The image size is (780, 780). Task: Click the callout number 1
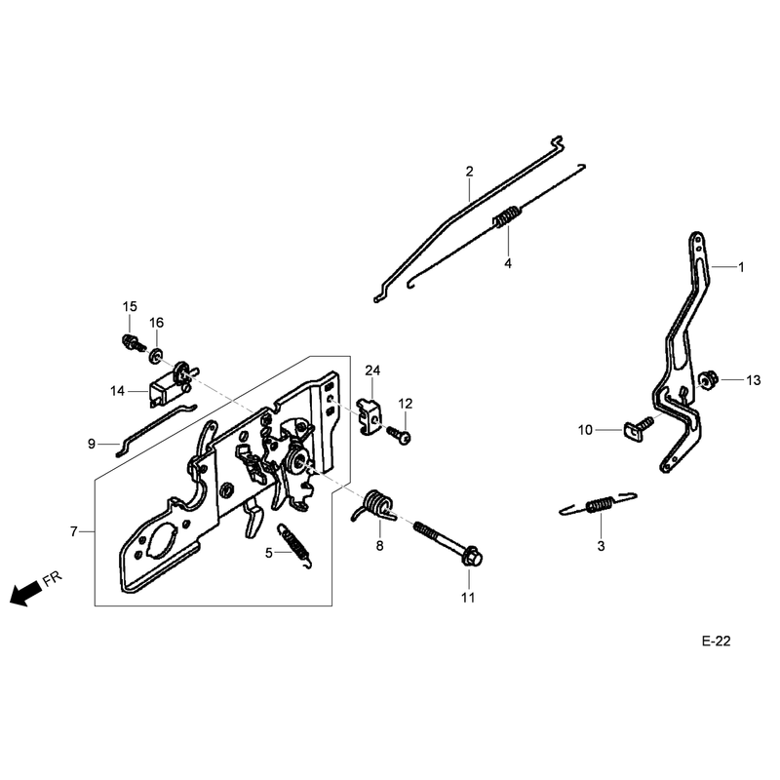point(741,267)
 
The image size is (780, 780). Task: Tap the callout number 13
point(754,380)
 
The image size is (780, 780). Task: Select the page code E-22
point(717,642)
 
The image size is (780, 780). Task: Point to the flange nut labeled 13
point(705,380)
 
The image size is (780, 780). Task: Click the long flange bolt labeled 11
point(448,543)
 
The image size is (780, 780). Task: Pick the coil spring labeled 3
point(599,504)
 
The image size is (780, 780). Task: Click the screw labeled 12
point(400,435)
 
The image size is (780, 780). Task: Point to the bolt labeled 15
point(134,343)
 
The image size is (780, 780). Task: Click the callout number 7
point(74,531)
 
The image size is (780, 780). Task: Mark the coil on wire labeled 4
point(507,216)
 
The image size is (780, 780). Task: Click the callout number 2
point(470,172)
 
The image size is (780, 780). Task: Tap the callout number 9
point(92,444)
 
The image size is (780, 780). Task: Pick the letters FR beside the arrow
point(52,579)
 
